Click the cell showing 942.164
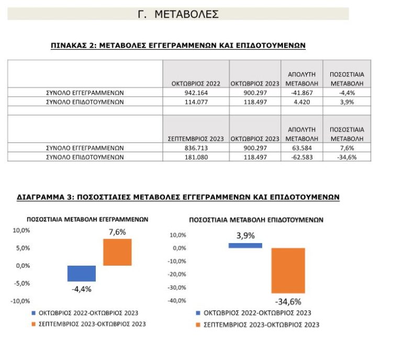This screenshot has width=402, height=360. click(196, 93)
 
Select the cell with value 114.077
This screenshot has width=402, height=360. click(196, 102)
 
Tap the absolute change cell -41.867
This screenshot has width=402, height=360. click(301, 93)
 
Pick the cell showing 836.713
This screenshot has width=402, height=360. click(196, 148)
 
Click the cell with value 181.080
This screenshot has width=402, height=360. click(196, 157)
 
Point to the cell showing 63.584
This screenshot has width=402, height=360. click(301, 148)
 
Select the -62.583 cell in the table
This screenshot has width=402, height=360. click(301, 157)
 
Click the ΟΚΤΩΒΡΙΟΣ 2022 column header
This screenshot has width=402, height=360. click(196, 83)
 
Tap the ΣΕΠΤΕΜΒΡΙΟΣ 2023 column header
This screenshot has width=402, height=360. click(196, 139)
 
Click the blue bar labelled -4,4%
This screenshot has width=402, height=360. click(82, 274)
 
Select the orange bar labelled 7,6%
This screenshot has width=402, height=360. click(117, 252)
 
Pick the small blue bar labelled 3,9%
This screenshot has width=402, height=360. click(245, 245)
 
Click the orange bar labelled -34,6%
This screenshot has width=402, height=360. click(288, 270)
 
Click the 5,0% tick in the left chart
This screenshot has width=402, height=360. click(21, 248)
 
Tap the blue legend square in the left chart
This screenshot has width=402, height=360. click(34, 313)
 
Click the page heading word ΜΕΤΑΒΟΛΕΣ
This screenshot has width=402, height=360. click(186, 14)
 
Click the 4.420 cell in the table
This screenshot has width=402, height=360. click(301, 102)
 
